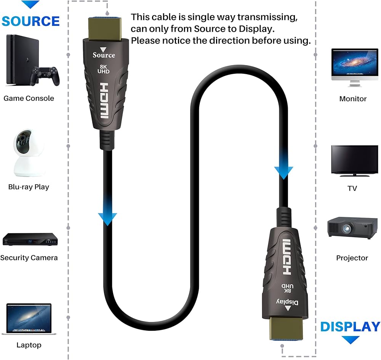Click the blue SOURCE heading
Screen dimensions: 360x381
click(x=30, y=21)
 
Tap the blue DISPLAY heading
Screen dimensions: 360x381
click(x=350, y=327)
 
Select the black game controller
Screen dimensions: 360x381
click(x=45, y=75)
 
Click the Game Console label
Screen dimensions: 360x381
click(x=29, y=98)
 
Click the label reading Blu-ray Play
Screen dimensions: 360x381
click(x=29, y=187)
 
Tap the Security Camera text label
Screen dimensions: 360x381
click(x=29, y=258)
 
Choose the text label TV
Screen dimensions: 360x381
click(x=352, y=188)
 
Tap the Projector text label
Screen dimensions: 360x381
click(x=352, y=258)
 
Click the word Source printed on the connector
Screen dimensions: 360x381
click(x=104, y=55)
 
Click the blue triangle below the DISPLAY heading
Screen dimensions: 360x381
click(x=350, y=339)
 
